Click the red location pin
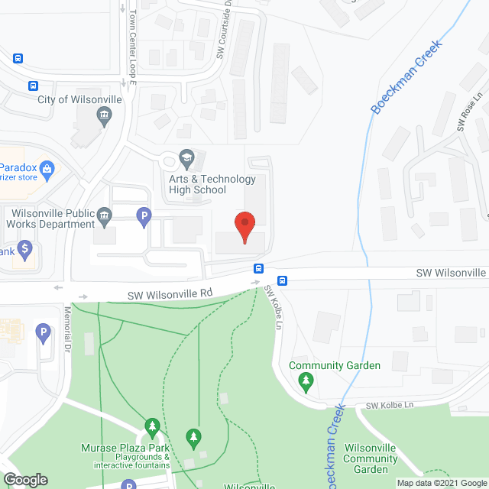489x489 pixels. pyautogui.click(x=244, y=227)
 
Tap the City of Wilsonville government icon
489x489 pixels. pyautogui.click(x=103, y=116)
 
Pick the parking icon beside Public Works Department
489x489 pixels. pyautogui.click(x=143, y=219)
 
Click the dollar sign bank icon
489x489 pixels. pyautogui.click(x=24, y=248)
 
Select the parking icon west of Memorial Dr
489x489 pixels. pyautogui.click(x=43, y=332)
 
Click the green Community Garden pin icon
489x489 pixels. pyautogui.click(x=306, y=382)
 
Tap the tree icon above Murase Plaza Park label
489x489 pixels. pyautogui.click(x=152, y=426)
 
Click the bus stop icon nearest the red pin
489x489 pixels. pyautogui.click(x=259, y=268)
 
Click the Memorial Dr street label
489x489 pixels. pyautogui.click(x=67, y=324)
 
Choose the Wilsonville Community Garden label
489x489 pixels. pyautogui.click(x=370, y=459)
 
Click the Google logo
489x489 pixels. pyautogui.click(x=25, y=479)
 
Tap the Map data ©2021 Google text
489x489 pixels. pyautogui.click(x=438, y=483)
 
